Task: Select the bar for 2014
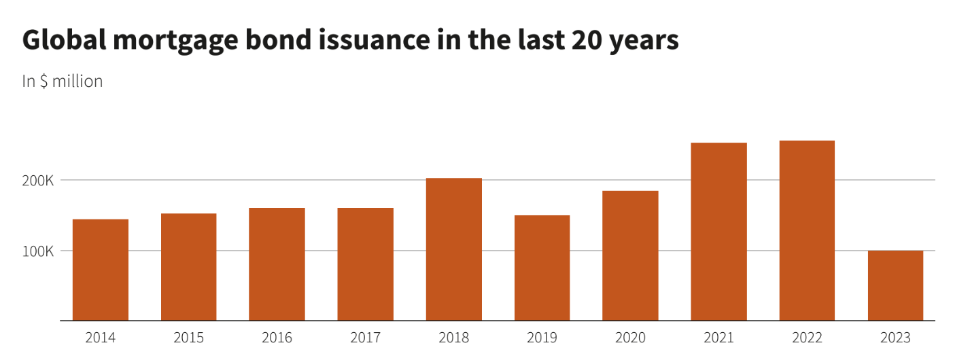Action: coord(101,270)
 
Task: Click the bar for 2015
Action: coord(188,267)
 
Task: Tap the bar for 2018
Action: coord(453,249)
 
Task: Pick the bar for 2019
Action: coord(542,268)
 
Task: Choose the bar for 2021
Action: coord(718,232)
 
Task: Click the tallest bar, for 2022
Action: coord(807,230)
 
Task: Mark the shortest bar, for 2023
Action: coord(895,285)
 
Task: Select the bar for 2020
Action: coord(630,255)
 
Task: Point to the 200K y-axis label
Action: coord(38,181)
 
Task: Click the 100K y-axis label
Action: coord(38,251)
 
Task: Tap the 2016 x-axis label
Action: coord(277,338)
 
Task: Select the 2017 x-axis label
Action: coord(365,338)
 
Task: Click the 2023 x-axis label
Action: coord(895,338)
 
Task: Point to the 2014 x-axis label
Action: coord(101,338)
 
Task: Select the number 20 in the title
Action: coord(583,41)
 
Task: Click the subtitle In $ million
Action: coord(63,82)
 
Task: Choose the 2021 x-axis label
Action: coord(718,338)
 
